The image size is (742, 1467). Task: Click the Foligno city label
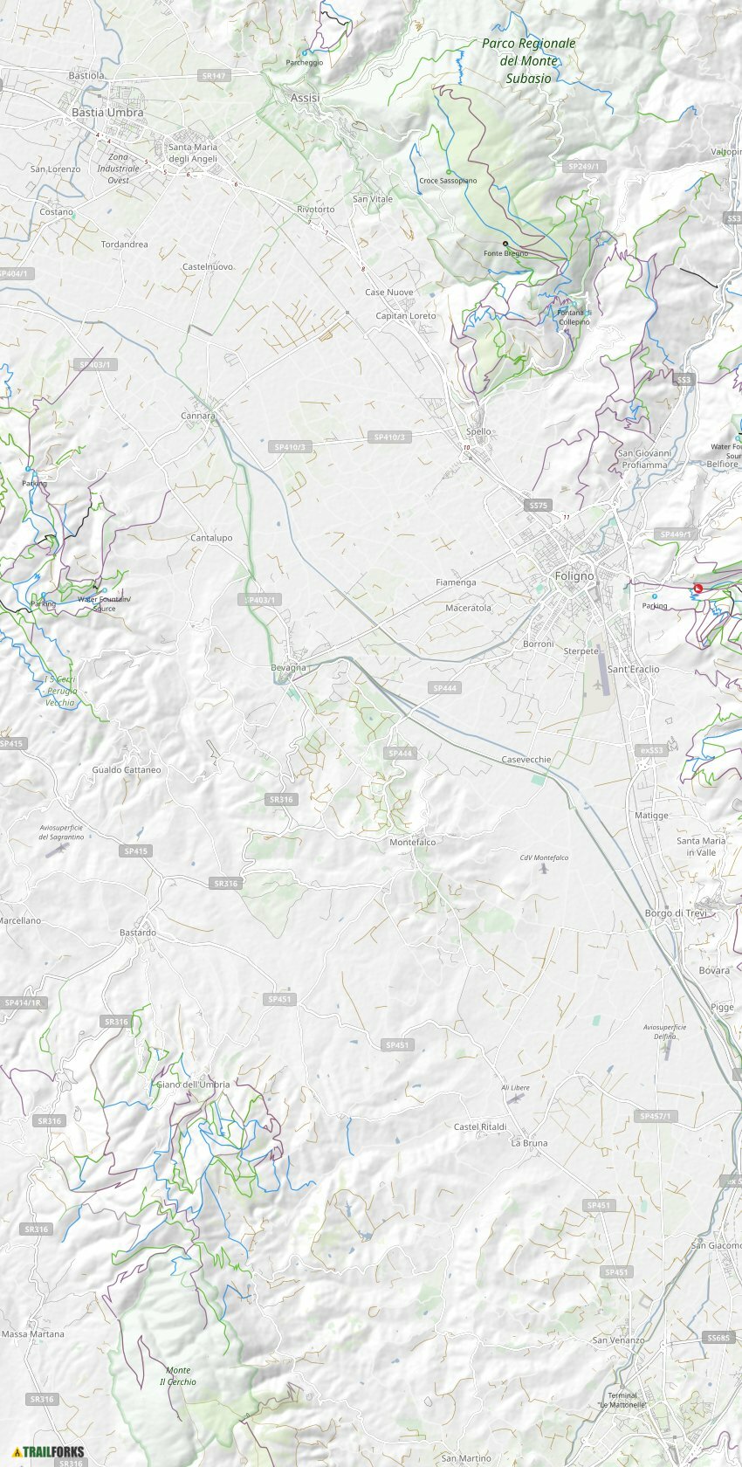574,576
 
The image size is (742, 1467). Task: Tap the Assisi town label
305,98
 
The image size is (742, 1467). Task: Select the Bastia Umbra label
107,113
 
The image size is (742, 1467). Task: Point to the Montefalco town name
412,843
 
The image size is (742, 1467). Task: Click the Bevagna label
288,668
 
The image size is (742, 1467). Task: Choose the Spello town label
478,432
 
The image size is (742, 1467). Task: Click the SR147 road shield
214,76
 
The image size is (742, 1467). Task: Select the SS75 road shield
538,506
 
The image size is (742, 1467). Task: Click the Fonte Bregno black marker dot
505,244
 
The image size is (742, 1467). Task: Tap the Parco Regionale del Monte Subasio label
528,60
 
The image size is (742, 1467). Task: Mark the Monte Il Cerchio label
178,1376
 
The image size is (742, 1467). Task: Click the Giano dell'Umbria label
193,1085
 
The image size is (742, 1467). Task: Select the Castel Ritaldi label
480,1127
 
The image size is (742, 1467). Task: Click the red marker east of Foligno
697,589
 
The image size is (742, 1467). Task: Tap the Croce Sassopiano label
448,181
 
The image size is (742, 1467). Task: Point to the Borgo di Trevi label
675,913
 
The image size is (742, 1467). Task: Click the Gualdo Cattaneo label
127,770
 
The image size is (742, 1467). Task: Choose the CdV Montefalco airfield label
544,857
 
